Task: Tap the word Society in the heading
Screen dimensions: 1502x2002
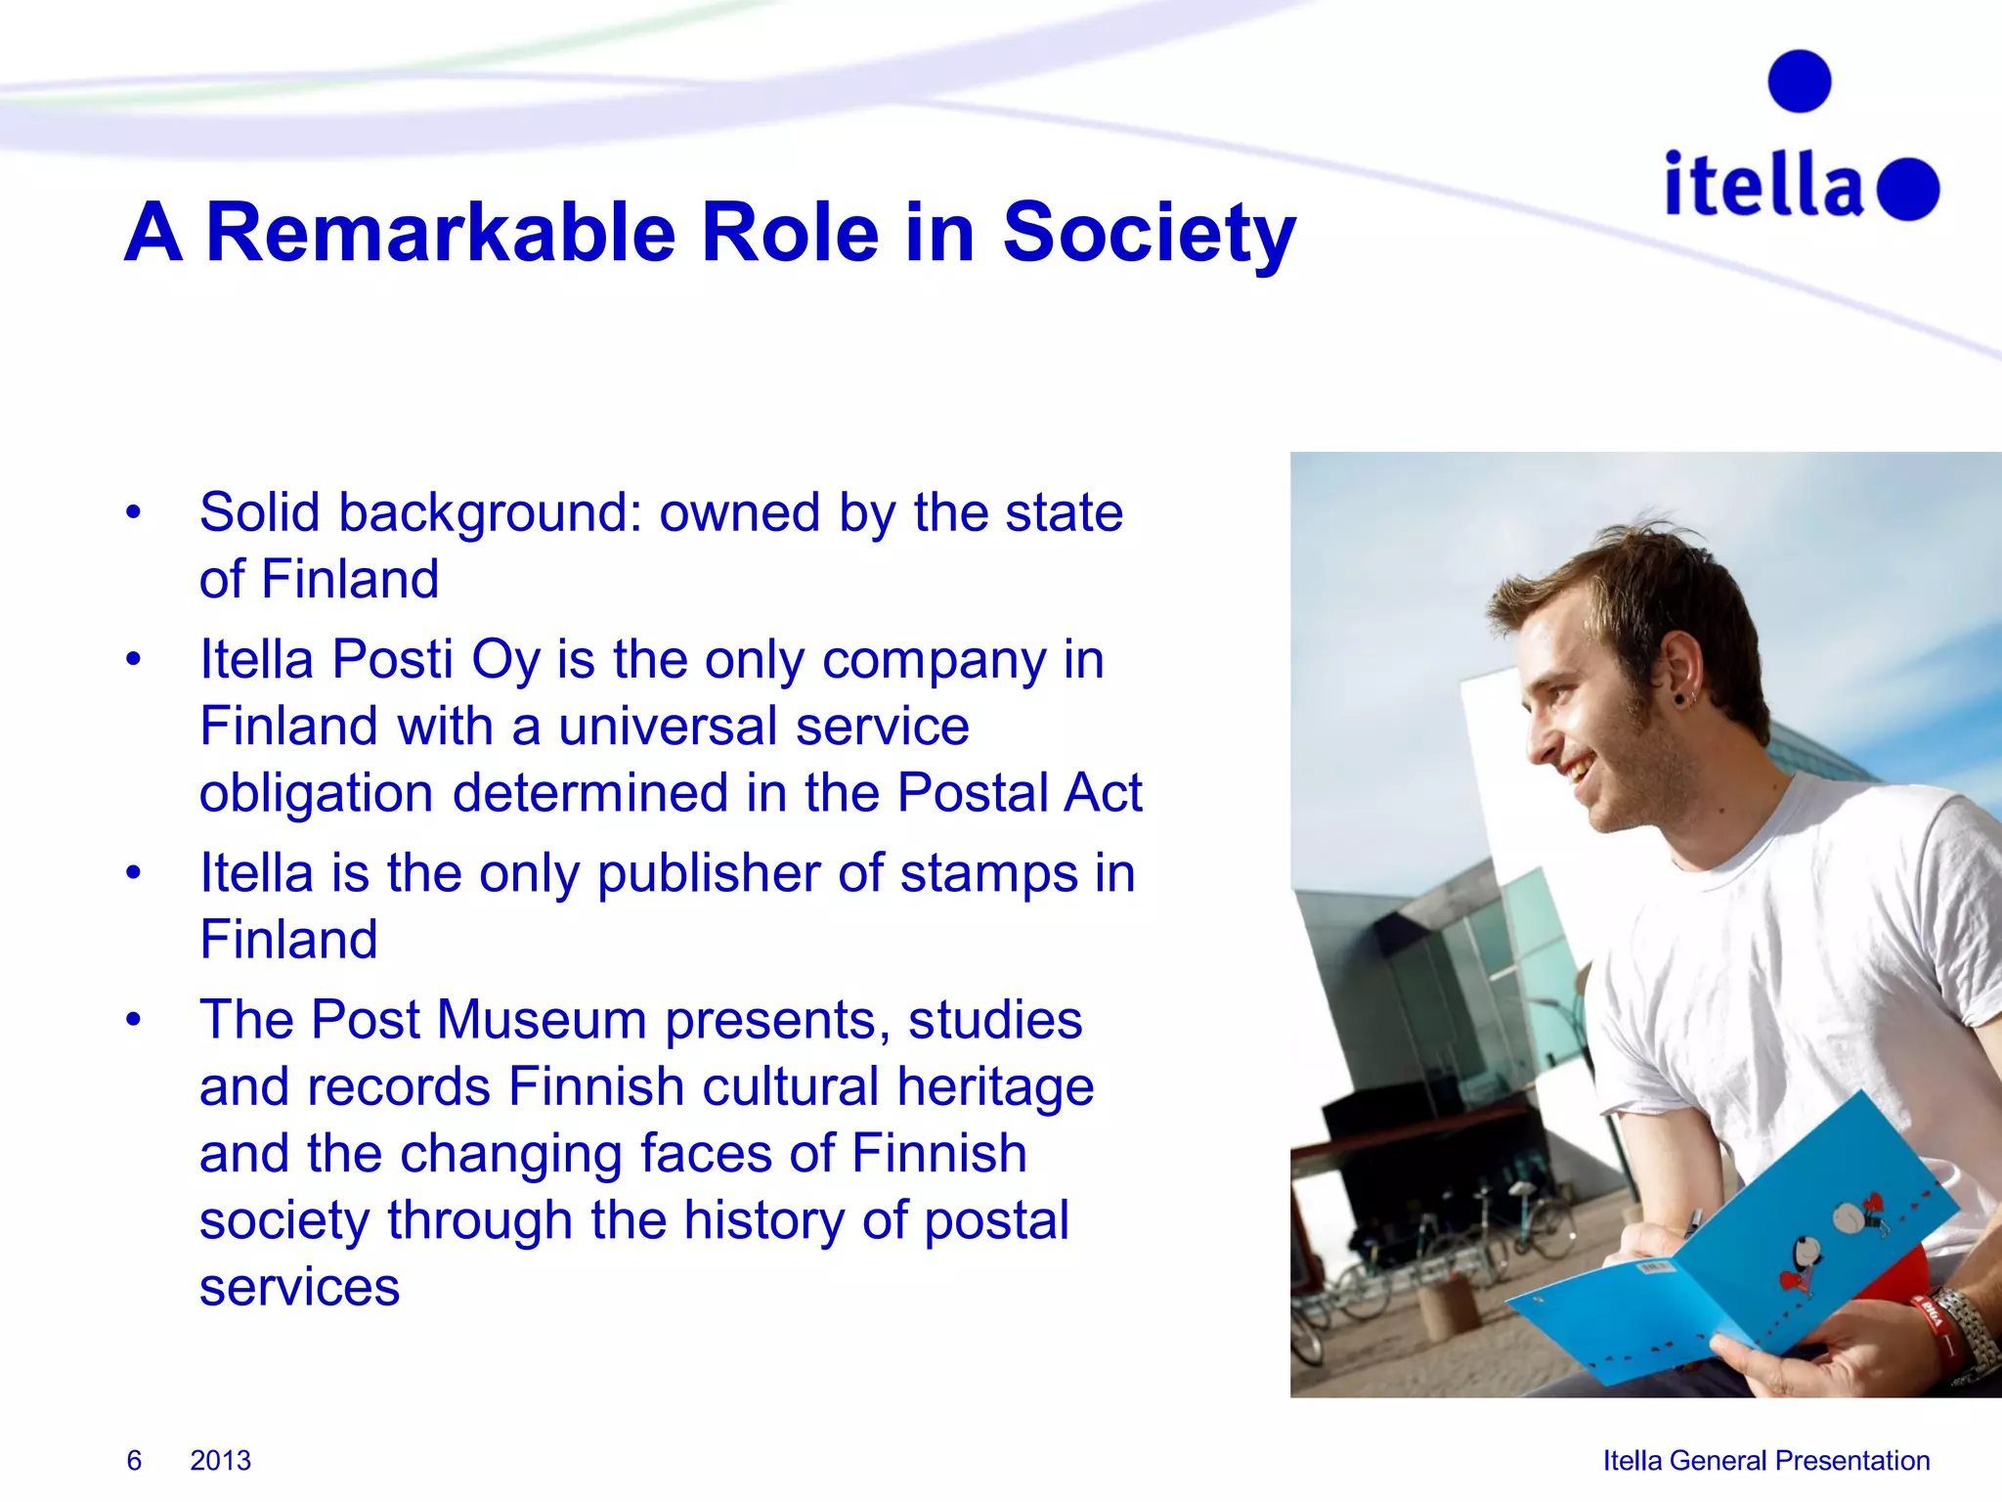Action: [1149, 235]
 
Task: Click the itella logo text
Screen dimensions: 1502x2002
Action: [1764, 186]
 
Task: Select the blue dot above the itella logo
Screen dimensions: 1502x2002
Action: [1800, 81]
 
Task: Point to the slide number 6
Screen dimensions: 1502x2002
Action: [134, 1460]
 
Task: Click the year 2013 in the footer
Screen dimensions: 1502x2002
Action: [220, 1460]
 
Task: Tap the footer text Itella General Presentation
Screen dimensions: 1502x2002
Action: [1765, 1460]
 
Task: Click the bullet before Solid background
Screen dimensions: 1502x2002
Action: [134, 512]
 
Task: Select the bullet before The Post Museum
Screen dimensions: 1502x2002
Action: [134, 1020]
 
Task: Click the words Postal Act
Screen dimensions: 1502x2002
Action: [1019, 792]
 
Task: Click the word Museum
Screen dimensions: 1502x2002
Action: [542, 1020]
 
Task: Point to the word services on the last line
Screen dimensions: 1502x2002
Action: [299, 1287]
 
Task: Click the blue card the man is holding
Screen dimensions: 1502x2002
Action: [1730, 1261]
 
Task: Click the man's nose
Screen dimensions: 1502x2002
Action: [1542, 748]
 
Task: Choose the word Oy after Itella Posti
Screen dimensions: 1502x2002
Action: [505, 660]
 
